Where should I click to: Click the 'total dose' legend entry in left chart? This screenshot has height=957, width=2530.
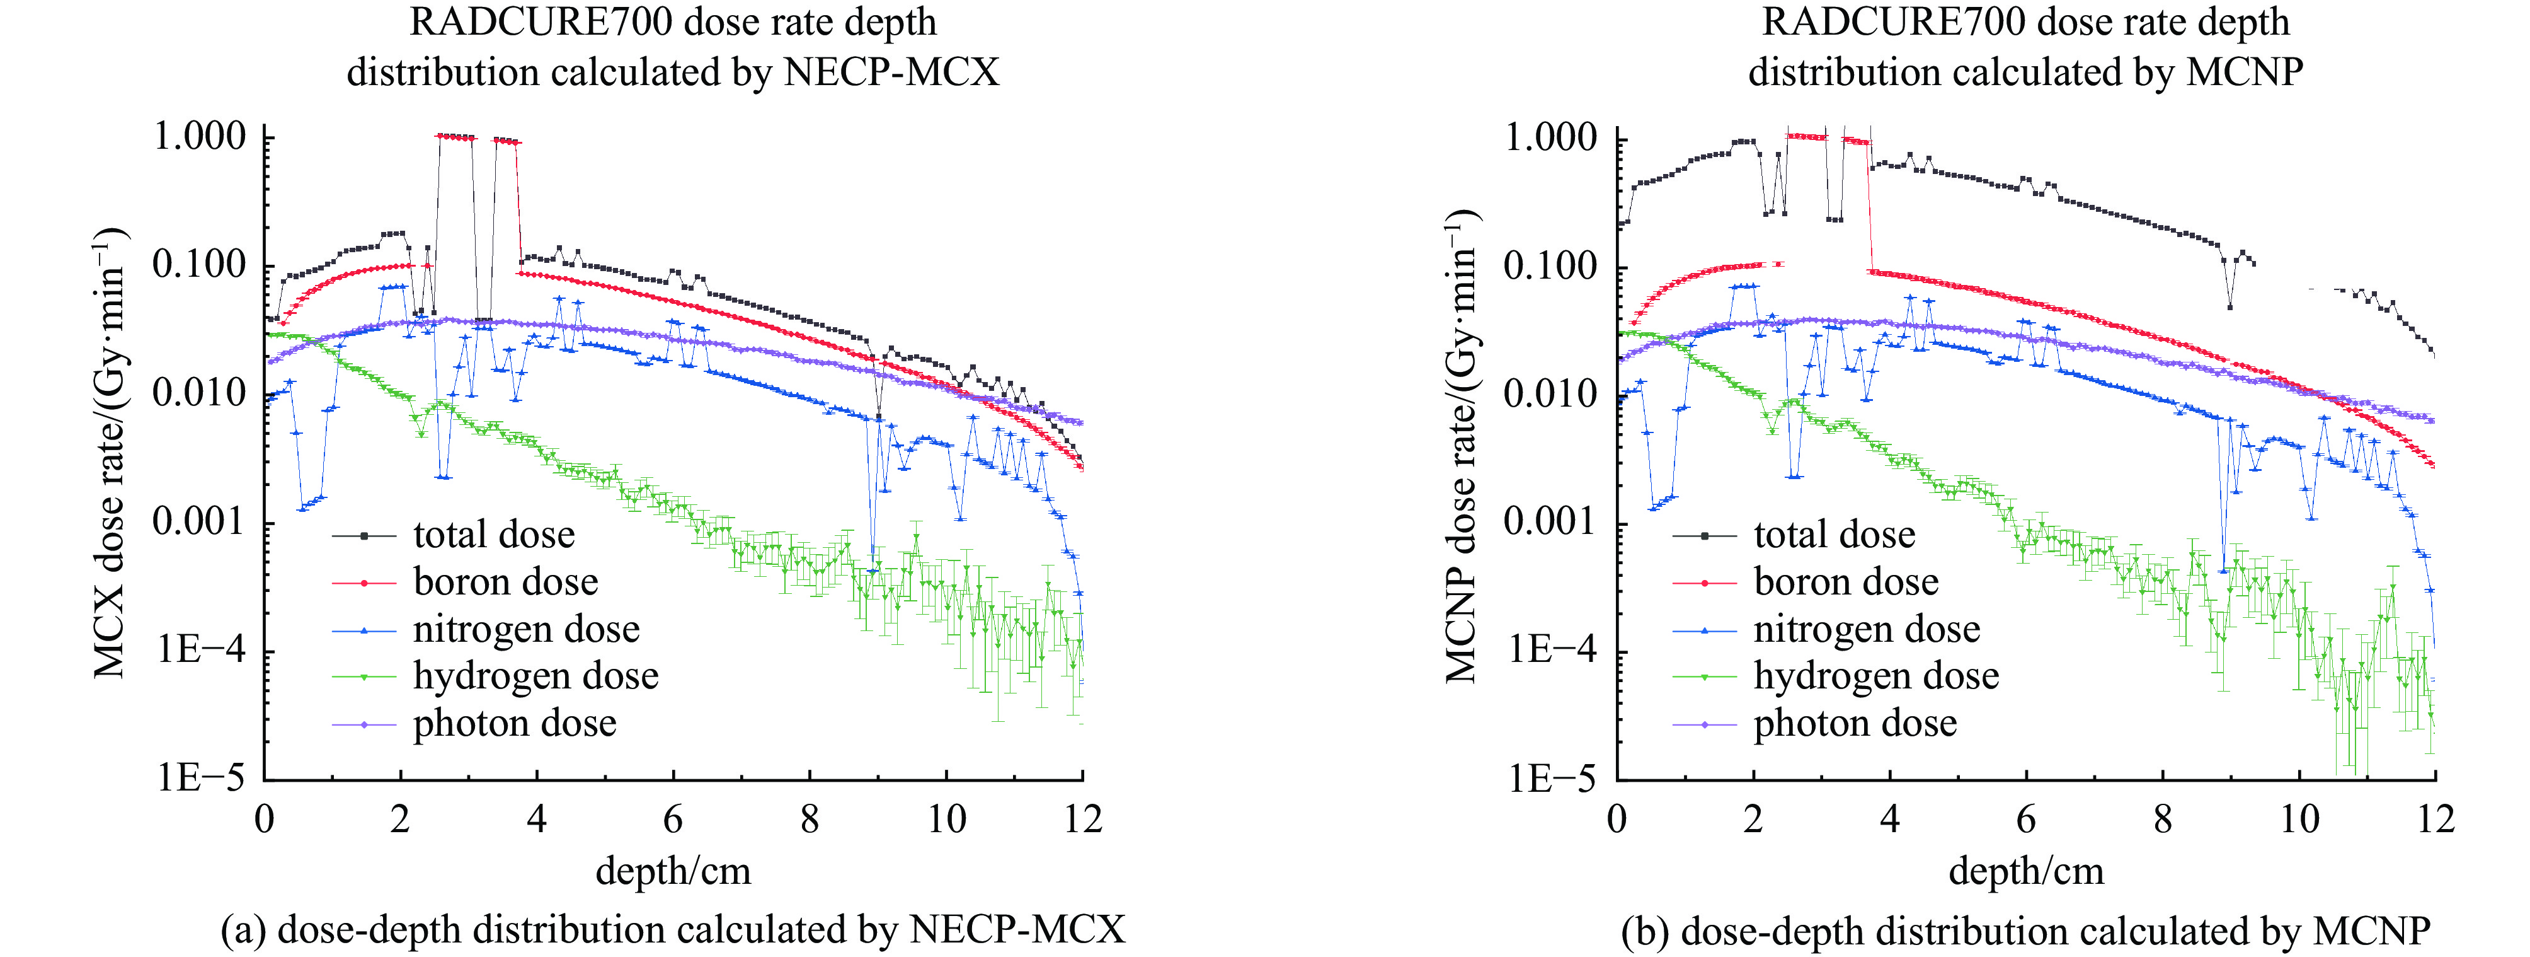[493, 535]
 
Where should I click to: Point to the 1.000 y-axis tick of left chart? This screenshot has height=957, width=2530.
[199, 137]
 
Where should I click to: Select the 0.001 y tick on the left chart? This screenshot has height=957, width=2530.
[199, 522]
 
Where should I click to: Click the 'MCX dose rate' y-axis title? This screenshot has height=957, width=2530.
[110, 452]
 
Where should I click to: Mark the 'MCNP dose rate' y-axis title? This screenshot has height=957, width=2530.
[1462, 447]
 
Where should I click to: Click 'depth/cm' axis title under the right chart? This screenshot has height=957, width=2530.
[2025, 871]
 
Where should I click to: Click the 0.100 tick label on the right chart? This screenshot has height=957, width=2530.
[1551, 266]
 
